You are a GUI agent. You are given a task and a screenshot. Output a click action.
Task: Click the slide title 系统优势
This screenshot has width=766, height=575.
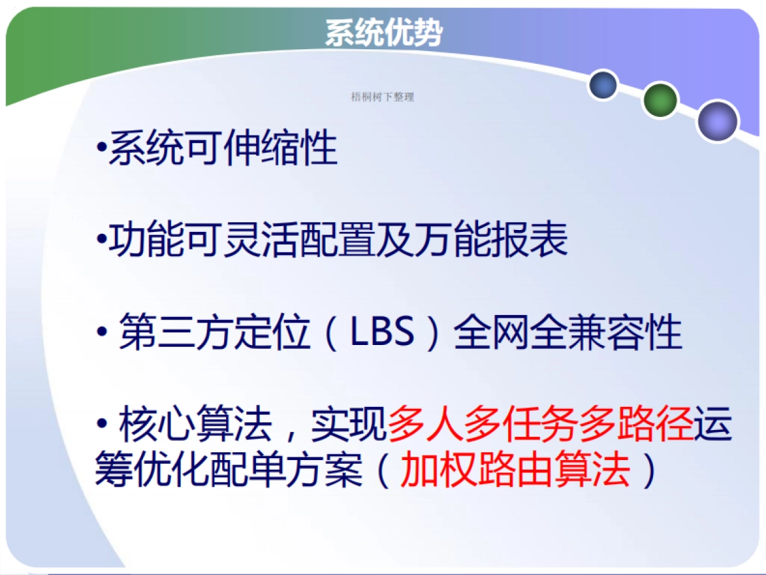pyautogui.click(x=383, y=32)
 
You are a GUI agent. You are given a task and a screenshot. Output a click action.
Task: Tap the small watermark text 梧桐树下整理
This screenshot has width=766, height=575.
pyautogui.click(x=383, y=97)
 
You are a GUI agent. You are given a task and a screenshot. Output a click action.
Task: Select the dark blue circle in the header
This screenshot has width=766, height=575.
pyautogui.click(x=603, y=85)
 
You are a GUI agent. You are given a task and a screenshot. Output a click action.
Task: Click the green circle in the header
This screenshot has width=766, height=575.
pyautogui.click(x=659, y=100)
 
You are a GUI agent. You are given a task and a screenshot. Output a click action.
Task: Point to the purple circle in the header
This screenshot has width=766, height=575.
pyautogui.click(x=717, y=121)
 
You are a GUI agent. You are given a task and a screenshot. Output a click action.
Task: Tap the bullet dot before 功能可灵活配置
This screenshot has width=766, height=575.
pyautogui.click(x=100, y=241)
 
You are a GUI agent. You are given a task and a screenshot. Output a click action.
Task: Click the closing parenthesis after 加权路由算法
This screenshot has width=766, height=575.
pyautogui.click(x=648, y=472)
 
